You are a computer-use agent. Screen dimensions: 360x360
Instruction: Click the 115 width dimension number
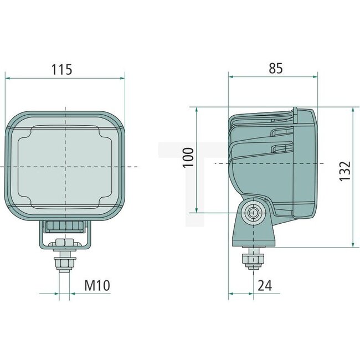coord(62,70)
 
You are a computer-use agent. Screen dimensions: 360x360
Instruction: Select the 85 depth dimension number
coord(275,68)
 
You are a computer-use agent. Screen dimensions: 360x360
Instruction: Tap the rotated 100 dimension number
coord(188,159)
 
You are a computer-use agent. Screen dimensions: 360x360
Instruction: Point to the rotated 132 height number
coord(344,172)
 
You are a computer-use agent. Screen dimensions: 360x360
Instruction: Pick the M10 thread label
coord(97,286)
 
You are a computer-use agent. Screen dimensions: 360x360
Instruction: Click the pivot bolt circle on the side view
coord(253,212)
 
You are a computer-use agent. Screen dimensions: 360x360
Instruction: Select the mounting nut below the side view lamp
coord(253,259)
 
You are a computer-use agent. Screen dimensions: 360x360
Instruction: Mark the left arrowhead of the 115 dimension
coord(8,78)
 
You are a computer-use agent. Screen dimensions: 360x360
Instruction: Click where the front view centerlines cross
coord(65,166)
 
